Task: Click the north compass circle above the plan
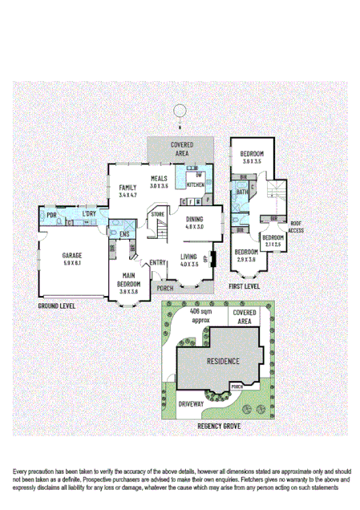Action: click(180, 113)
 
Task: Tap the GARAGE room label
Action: click(72, 254)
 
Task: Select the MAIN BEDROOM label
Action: click(128, 284)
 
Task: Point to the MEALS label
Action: click(159, 178)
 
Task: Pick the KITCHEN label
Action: click(196, 184)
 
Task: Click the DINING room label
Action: click(195, 219)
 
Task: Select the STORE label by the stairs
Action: click(157, 215)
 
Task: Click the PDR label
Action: click(51, 216)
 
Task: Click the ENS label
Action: click(124, 234)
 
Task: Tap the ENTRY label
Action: click(158, 262)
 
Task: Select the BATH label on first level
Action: click(241, 192)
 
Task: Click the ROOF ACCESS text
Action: click(297, 226)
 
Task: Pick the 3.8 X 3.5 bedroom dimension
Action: click(253, 161)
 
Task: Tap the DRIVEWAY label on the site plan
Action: click(191, 403)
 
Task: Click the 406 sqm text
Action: click(200, 313)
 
